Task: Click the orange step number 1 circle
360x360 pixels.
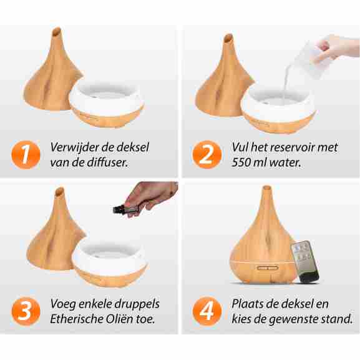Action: click(26, 155)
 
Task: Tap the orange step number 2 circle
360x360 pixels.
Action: click(207, 155)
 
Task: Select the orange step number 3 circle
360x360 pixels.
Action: click(26, 311)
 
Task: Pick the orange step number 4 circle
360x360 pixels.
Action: click(207, 311)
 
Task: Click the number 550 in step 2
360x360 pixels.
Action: click(240, 163)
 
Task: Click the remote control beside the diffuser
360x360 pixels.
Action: click(304, 261)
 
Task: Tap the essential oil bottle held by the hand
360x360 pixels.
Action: click(120, 209)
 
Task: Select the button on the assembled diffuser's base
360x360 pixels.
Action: click(268, 268)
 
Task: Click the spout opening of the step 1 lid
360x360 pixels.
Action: click(57, 31)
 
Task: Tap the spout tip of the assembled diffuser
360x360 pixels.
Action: click(266, 188)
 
